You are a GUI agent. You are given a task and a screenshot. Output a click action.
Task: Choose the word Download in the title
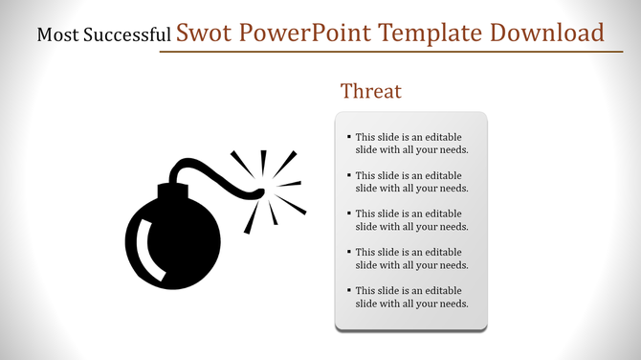546,34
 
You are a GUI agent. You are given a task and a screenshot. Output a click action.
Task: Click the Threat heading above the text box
371,92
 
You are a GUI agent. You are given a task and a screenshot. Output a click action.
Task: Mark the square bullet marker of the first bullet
349,137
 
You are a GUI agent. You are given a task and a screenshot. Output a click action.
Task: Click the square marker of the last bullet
349,290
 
